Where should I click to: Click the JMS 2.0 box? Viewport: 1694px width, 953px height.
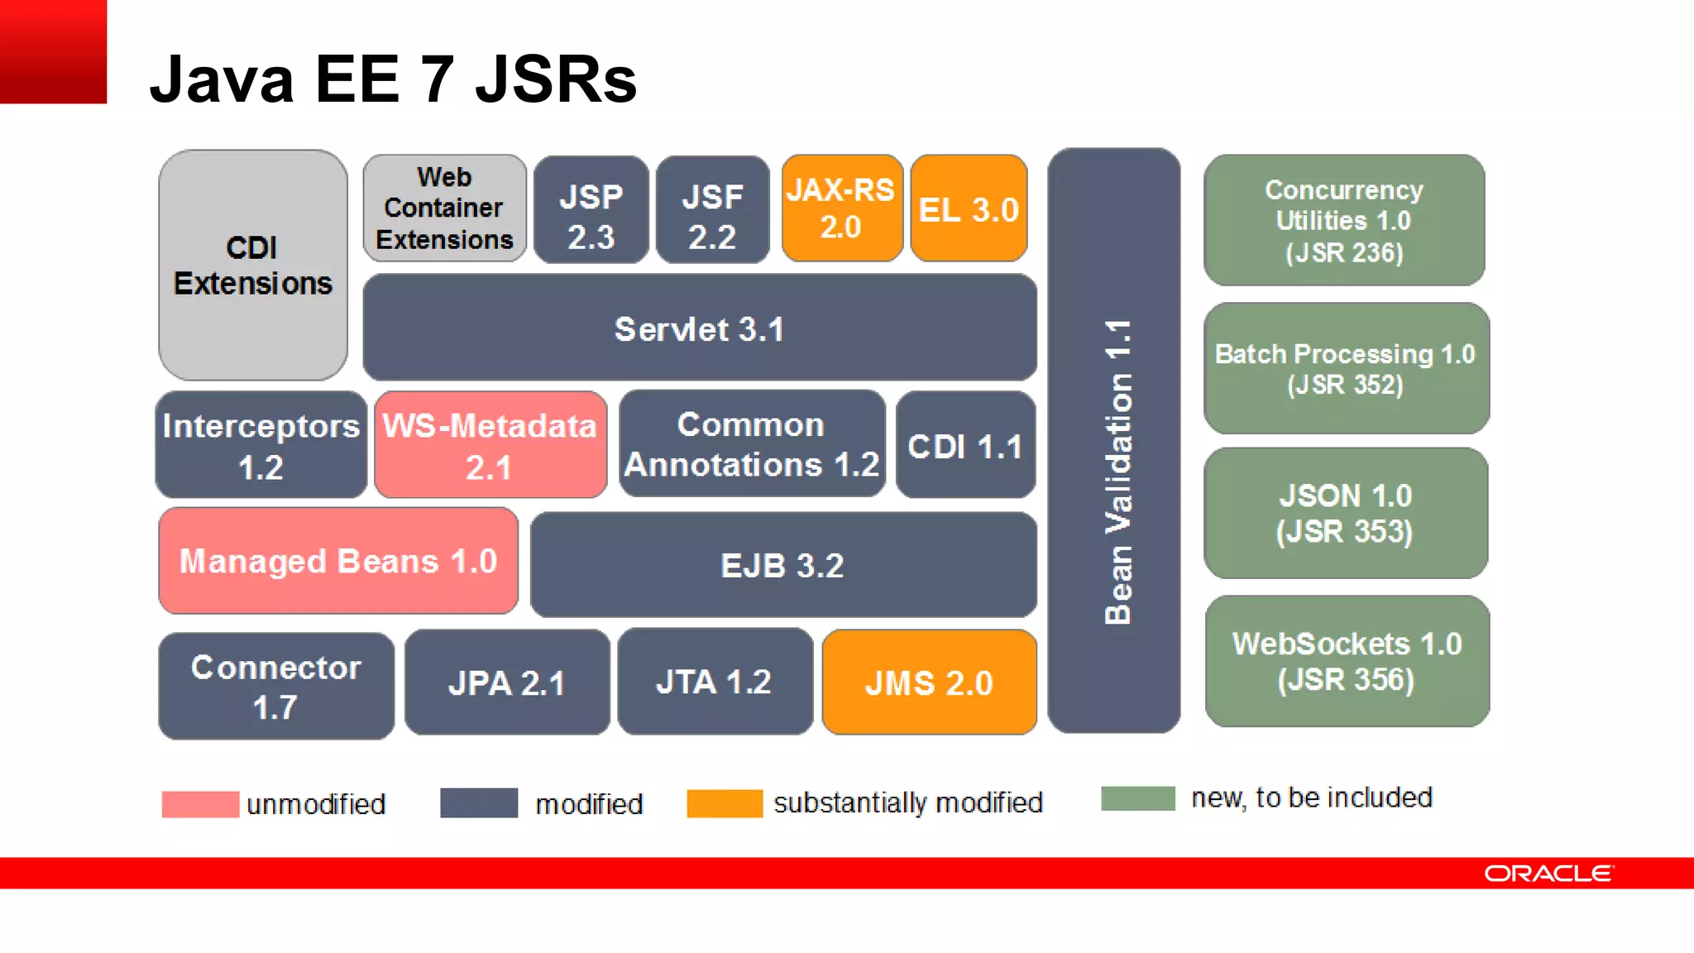pyautogui.click(x=929, y=682)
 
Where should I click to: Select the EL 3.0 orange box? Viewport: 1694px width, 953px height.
pyautogui.click(x=969, y=208)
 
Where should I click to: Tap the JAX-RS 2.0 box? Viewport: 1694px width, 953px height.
pyautogui.click(x=841, y=208)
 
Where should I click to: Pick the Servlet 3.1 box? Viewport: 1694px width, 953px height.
pyautogui.click(x=699, y=328)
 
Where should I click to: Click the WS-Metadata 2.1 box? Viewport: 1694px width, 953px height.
pyautogui.click(x=490, y=446)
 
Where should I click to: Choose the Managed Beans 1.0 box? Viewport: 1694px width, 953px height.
pyautogui.click(x=338, y=561)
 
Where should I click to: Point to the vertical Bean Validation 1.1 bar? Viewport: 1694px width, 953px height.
pyautogui.click(x=1114, y=441)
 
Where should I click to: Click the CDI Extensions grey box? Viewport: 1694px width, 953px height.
pyautogui.click(x=253, y=265)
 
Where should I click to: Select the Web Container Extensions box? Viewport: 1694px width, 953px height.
pyautogui.click(x=444, y=208)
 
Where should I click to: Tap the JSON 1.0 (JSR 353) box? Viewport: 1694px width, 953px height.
pyautogui.click(x=1345, y=513)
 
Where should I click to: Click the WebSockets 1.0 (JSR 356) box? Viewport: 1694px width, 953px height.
pyautogui.click(x=1347, y=661)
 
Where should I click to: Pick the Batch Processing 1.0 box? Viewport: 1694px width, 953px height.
pyautogui.click(x=1346, y=368)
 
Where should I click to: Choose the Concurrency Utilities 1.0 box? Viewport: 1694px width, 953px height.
pyautogui.click(x=1344, y=221)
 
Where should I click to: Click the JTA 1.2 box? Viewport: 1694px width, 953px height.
pyautogui.click(x=715, y=682)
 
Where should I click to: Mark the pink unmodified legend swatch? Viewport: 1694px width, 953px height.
pyautogui.click(x=200, y=804)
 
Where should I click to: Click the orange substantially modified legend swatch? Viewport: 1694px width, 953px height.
pyautogui.click(x=724, y=803)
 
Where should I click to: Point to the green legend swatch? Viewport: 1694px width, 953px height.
pyautogui.click(x=1137, y=798)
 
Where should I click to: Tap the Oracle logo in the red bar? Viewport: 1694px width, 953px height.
pyautogui.click(x=1548, y=874)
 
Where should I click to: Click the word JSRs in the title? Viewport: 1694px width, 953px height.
pyautogui.click(x=556, y=80)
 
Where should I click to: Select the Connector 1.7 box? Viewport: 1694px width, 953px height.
pyautogui.click(x=275, y=687)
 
